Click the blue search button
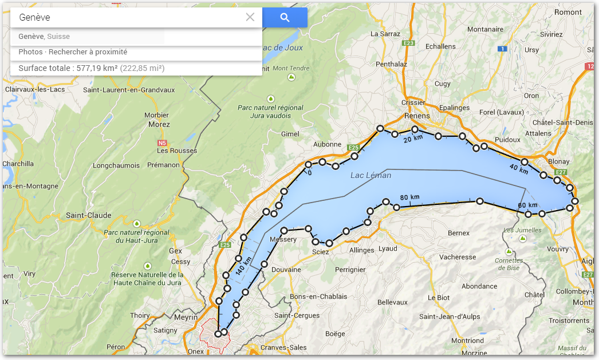pos(285,18)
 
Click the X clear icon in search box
pos(250,17)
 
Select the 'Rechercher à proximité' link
pos(88,52)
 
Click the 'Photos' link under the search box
pos(30,52)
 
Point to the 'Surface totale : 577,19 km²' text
pos(68,68)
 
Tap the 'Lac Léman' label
pos(371,175)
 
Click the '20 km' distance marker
pos(413,139)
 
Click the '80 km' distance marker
pos(409,197)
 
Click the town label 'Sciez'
pos(321,252)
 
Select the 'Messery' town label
pos(283,239)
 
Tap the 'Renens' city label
pos(416,116)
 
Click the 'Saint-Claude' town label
pos(84,215)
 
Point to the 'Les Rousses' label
pos(177,151)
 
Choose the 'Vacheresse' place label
pos(458,257)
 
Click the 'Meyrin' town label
pos(187,317)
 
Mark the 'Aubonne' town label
pos(327,145)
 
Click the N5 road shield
pos(162,143)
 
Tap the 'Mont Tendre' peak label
pos(291,68)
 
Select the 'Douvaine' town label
pos(286,270)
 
